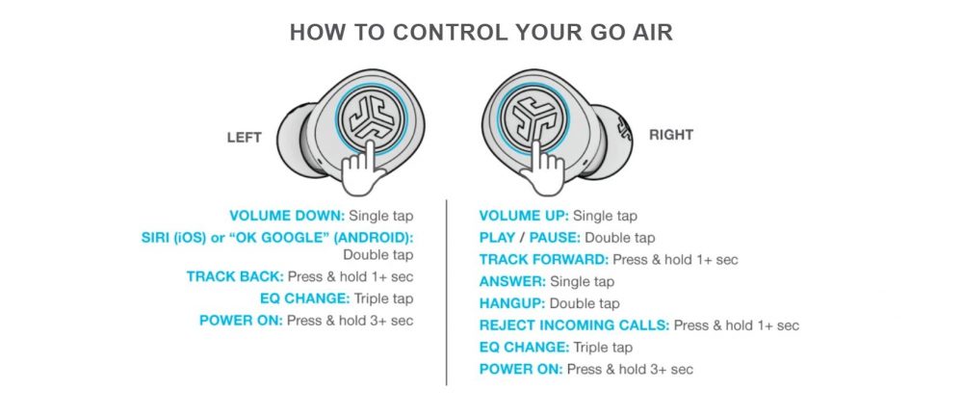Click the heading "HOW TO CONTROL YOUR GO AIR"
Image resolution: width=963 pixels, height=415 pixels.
pos(481,33)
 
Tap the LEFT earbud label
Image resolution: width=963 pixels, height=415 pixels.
pos(244,138)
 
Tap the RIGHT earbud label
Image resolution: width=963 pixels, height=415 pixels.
pos(671,136)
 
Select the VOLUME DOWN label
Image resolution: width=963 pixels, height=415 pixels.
pos(286,216)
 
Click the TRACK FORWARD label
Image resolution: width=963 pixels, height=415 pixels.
pos(543,259)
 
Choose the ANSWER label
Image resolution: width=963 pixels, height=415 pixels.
pos(512,281)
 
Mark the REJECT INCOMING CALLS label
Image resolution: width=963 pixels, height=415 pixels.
pos(574,325)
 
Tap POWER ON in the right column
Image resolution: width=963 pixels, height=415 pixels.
pos(520,369)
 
